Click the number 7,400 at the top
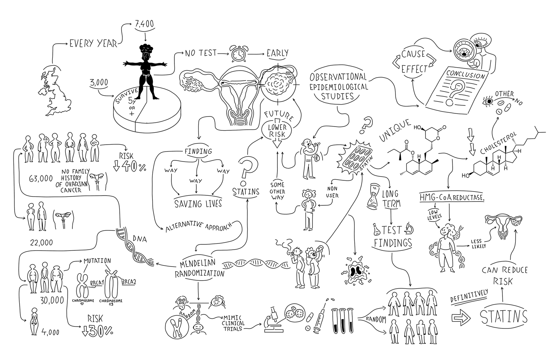pyautogui.click(x=144, y=24)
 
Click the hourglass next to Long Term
pyautogui.click(x=373, y=197)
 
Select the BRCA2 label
pyautogui.click(x=129, y=282)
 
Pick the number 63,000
pyautogui.click(x=41, y=179)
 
